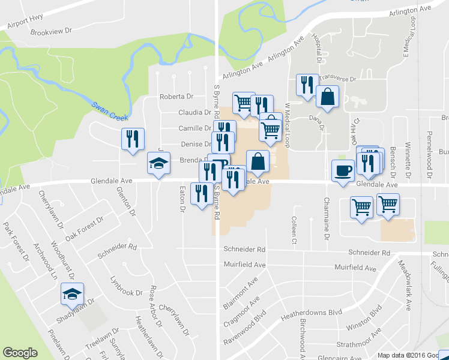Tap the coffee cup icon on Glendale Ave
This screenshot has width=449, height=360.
(343, 170)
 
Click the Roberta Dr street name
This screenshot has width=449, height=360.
(175, 97)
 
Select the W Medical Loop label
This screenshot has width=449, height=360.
(287, 125)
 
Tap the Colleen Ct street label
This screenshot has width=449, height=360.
(294, 231)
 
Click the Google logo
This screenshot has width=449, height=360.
(20, 353)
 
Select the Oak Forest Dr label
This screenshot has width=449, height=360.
(85, 229)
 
